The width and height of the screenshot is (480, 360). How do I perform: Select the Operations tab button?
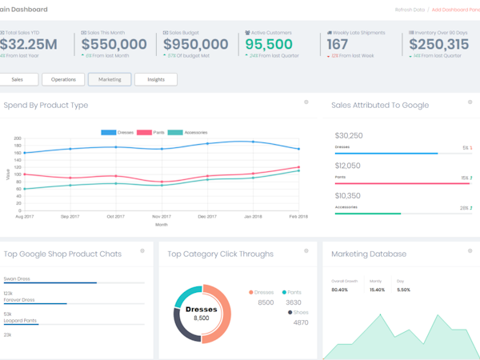[x=63, y=79]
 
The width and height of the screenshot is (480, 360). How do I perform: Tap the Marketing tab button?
[x=110, y=79]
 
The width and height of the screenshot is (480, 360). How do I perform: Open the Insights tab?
[x=156, y=79]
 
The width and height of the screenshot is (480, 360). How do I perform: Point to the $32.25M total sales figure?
[x=28, y=45]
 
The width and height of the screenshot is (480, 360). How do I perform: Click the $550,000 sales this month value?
[x=114, y=45]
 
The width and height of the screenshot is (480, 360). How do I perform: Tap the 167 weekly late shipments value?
[x=338, y=45]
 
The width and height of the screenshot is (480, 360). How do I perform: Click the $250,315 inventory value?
[x=439, y=45]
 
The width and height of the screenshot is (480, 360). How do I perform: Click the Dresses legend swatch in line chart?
[x=110, y=132]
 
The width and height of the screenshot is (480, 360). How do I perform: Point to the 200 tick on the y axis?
[x=18, y=138]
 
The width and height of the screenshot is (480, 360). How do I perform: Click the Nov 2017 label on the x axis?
[x=162, y=217]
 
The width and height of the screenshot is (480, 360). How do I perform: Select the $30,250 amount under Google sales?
[x=349, y=136]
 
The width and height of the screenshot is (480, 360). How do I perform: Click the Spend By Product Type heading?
[x=46, y=105]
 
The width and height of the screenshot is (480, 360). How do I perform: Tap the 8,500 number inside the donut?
[x=202, y=318]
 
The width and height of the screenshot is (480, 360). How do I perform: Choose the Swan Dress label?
[x=18, y=278]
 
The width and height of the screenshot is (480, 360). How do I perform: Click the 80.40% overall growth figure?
[x=340, y=290]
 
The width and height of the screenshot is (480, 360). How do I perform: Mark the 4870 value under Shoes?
[x=301, y=322]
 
